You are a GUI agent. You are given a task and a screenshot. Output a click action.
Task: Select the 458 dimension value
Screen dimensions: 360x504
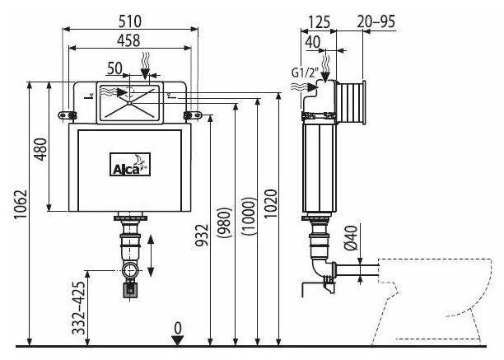point(129,39)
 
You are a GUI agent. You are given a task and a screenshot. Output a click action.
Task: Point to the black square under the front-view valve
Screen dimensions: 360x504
point(129,289)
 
